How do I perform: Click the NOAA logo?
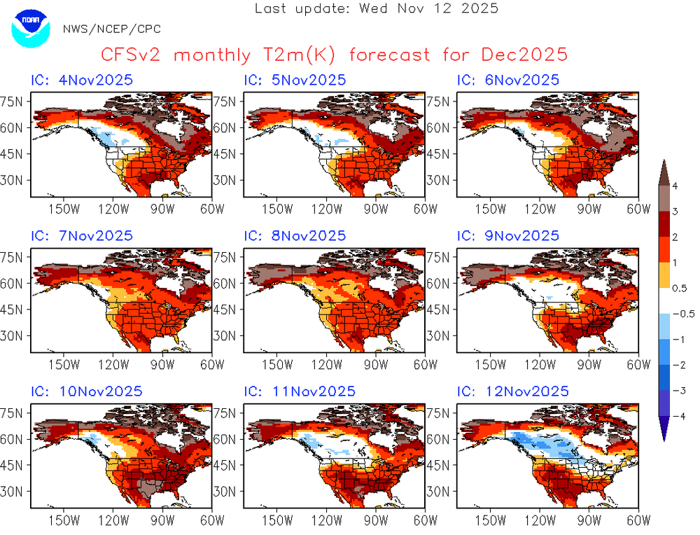tap(30, 29)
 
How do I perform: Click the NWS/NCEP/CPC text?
tap(111, 29)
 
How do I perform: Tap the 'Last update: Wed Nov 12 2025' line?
tap(377, 8)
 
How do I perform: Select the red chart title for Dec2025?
tap(334, 54)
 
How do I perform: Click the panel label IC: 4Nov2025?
tap(81, 80)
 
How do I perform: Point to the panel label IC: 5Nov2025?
tap(295, 80)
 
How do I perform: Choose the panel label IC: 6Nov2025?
tap(508, 80)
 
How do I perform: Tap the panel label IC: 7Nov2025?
tap(81, 235)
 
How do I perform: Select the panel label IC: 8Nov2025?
tap(295, 235)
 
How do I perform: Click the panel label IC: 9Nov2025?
tap(508, 235)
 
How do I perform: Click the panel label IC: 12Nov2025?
tap(512, 391)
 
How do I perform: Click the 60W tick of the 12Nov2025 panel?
tap(638, 520)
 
